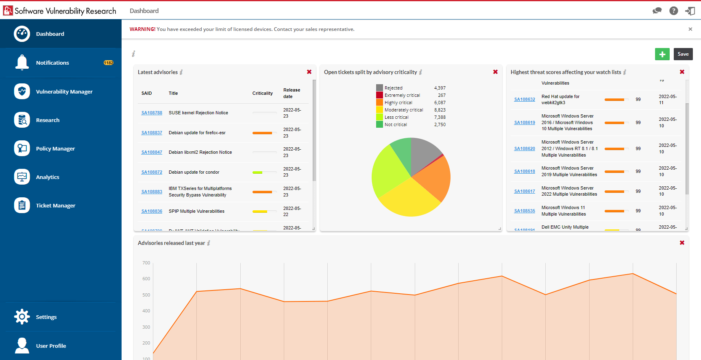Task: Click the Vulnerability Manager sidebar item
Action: click(x=64, y=92)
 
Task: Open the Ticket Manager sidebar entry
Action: click(x=55, y=205)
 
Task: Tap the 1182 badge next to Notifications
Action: click(x=109, y=63)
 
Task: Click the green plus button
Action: click(x=662, y=54)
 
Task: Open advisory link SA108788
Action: click(x=152, y=113)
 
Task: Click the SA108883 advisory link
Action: click(x=152, y=192)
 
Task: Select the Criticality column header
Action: click(x=262, y=93)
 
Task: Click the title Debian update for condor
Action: click(x=194, y=172)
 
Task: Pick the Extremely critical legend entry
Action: click(x=402, y=95)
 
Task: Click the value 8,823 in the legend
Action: click(x=440, y=110)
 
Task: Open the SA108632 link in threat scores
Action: click(x=525, y=99)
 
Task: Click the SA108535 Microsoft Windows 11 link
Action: click(x=525, y=211)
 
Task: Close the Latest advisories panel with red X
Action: click(x=309, y=72)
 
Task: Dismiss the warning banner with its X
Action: click(x=690, y=29)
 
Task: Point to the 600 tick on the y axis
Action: click(x=146, y=279)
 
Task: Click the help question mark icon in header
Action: click(x=674, y=11)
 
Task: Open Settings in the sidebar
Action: click(x=46, y=317)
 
